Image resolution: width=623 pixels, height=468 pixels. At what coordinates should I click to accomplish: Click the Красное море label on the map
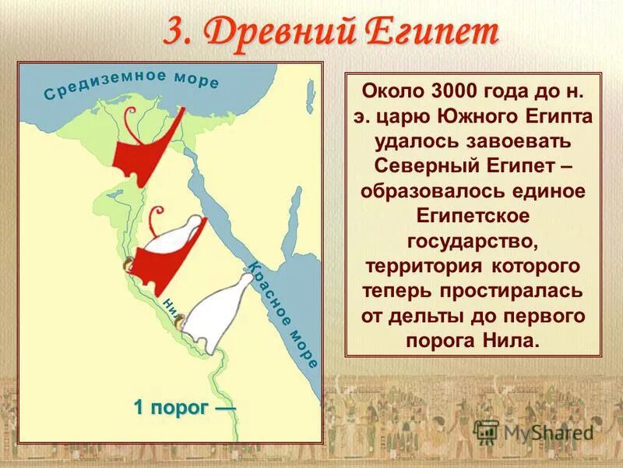click(283, 312)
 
